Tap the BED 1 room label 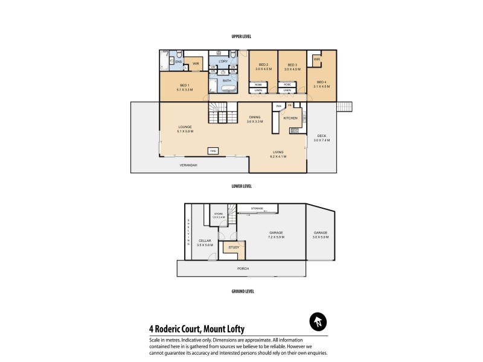pyautogui.click(x=184, y=86)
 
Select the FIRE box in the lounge pyautogui.click(x=213, y=150)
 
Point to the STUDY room pyautogui.click(x=234, y=247)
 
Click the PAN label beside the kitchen pyautogui.click(x=278, y=106)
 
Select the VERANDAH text pyautogui.click(x=189, y=165)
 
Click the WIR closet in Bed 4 pyautogui.click(x=316, y=59)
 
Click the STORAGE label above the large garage pyautogui.click(x=257, y=208)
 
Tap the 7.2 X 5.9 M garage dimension pyautogui.click(x=276, y=237)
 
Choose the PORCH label pyautogui.click(x=243, y=268)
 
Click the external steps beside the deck pyautogui.click(x=344, y=107)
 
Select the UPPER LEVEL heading pyautogui.click(x=241, y=37)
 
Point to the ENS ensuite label pyautogui.click(x=179, y=62)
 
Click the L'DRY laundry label pyautogui.click(x=222, y=62)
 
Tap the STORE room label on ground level pyautogui.click(x=219, y=214)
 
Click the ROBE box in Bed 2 pyautogui.click(x=258, y=84)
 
